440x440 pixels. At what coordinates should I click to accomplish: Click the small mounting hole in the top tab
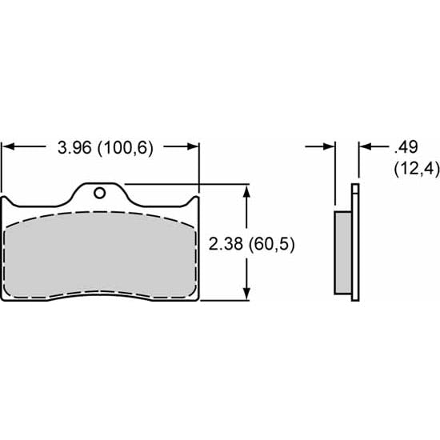pyautogui.click(x=99, y=193)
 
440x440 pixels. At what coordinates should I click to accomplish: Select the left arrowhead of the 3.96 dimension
pyautogui.click(x=10, y=147)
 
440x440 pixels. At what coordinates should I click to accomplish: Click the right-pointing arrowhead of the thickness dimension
pyautogui.click(x=328, y=147)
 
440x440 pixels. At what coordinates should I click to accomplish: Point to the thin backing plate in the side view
pyautogui.click(x=355, y=244)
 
